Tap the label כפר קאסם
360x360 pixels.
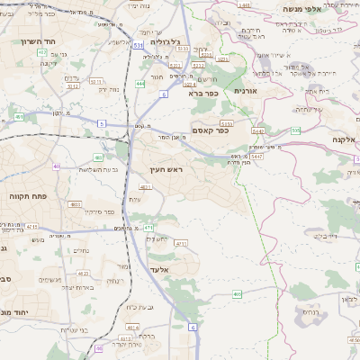tap(211, 130)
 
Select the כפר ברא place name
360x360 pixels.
tap(203, 92)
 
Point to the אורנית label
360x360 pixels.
tap(246, 90)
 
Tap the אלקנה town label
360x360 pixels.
tap(343, 139)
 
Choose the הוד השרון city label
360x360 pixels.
tap(39, 41)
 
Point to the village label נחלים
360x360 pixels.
tap(81, 251)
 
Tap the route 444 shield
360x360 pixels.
tap(140, 84)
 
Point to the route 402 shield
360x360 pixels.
tap(42, 53)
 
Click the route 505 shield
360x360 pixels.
tap(295, 130)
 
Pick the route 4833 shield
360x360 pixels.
tap(76, 205)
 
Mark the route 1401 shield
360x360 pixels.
tap(245, 5)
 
